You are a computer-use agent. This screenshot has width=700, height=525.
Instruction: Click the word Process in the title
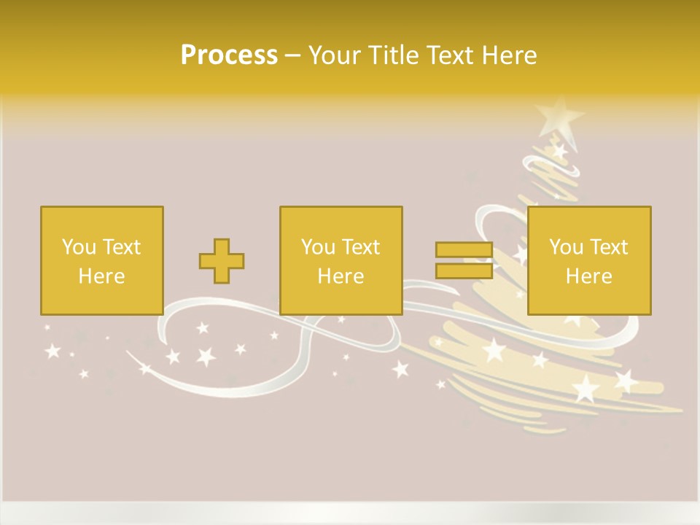(x=229, y=55)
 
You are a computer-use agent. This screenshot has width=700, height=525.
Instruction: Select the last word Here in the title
(x=509, y=55)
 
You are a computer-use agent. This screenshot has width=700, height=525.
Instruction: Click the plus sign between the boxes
(x=222, y=260)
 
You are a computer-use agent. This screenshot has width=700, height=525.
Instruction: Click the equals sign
(x=464, y=260)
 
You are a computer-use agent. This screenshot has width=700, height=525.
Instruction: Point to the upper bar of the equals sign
(x=464, y=250)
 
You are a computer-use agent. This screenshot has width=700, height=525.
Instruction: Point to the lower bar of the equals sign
(x=464, y=271)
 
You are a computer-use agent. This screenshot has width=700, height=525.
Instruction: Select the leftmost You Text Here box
(x=101, y=260)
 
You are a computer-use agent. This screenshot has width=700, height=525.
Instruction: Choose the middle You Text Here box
(x=341, y=260)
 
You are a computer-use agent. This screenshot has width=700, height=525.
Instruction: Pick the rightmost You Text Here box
(x=588, y=260)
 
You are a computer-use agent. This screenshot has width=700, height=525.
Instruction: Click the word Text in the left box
(x=120, y=247)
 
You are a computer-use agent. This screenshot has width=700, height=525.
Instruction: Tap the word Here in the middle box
(x=341, y=276)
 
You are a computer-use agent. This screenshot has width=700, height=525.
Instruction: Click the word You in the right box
(x=566, y=247)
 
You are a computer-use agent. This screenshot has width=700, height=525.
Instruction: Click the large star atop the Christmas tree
(x=558, y=115)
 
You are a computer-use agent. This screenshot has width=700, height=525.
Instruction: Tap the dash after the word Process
(x=292, y=55)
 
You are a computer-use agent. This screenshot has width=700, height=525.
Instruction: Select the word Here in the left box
(x=101, y=276)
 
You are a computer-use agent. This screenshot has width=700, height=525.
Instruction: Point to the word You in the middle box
(x=318, y=247)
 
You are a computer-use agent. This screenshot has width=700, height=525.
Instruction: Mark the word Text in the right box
(x=608, y=247)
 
